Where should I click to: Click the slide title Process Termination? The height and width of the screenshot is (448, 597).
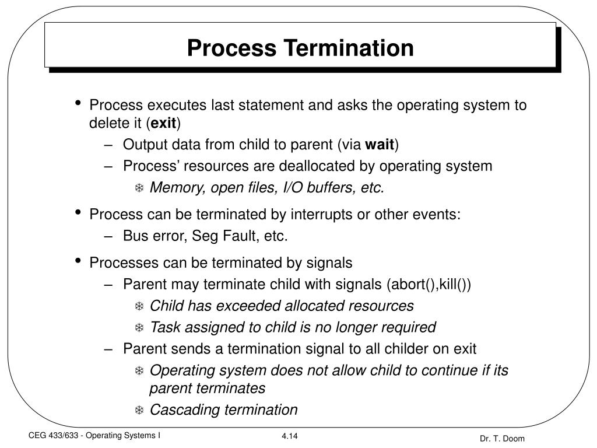300,47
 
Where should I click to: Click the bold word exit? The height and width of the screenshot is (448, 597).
164,123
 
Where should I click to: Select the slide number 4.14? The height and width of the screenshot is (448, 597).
290,436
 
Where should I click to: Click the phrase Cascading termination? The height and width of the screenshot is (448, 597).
223,409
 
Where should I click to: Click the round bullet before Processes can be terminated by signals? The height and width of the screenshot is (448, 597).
78,261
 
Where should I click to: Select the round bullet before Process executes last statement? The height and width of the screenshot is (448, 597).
78,104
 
